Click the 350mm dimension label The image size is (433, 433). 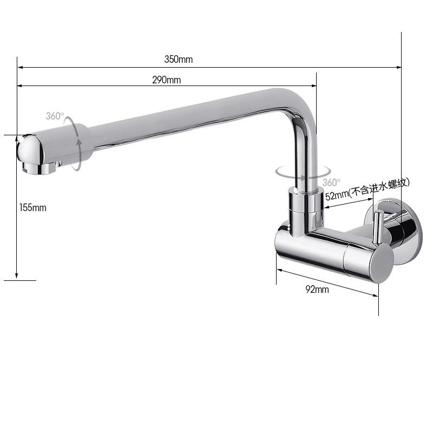pyautogui.click(x=178, y=60)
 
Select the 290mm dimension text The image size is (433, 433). pyautogui.click(x=166, y=80)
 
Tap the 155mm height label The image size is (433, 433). pyautogui.click(x=33, y=207)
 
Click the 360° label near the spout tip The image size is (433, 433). pyautogui.click(x=55, y=116)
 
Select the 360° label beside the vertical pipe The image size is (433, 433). pyautogui.click(x=331, y=182)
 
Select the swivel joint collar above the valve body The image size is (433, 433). pyautogui.click(x=306, y=207)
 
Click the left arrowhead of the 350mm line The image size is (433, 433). pyautogui.click(x=20, y=68)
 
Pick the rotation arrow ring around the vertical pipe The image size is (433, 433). pyautogui.click(x=297, y=172)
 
